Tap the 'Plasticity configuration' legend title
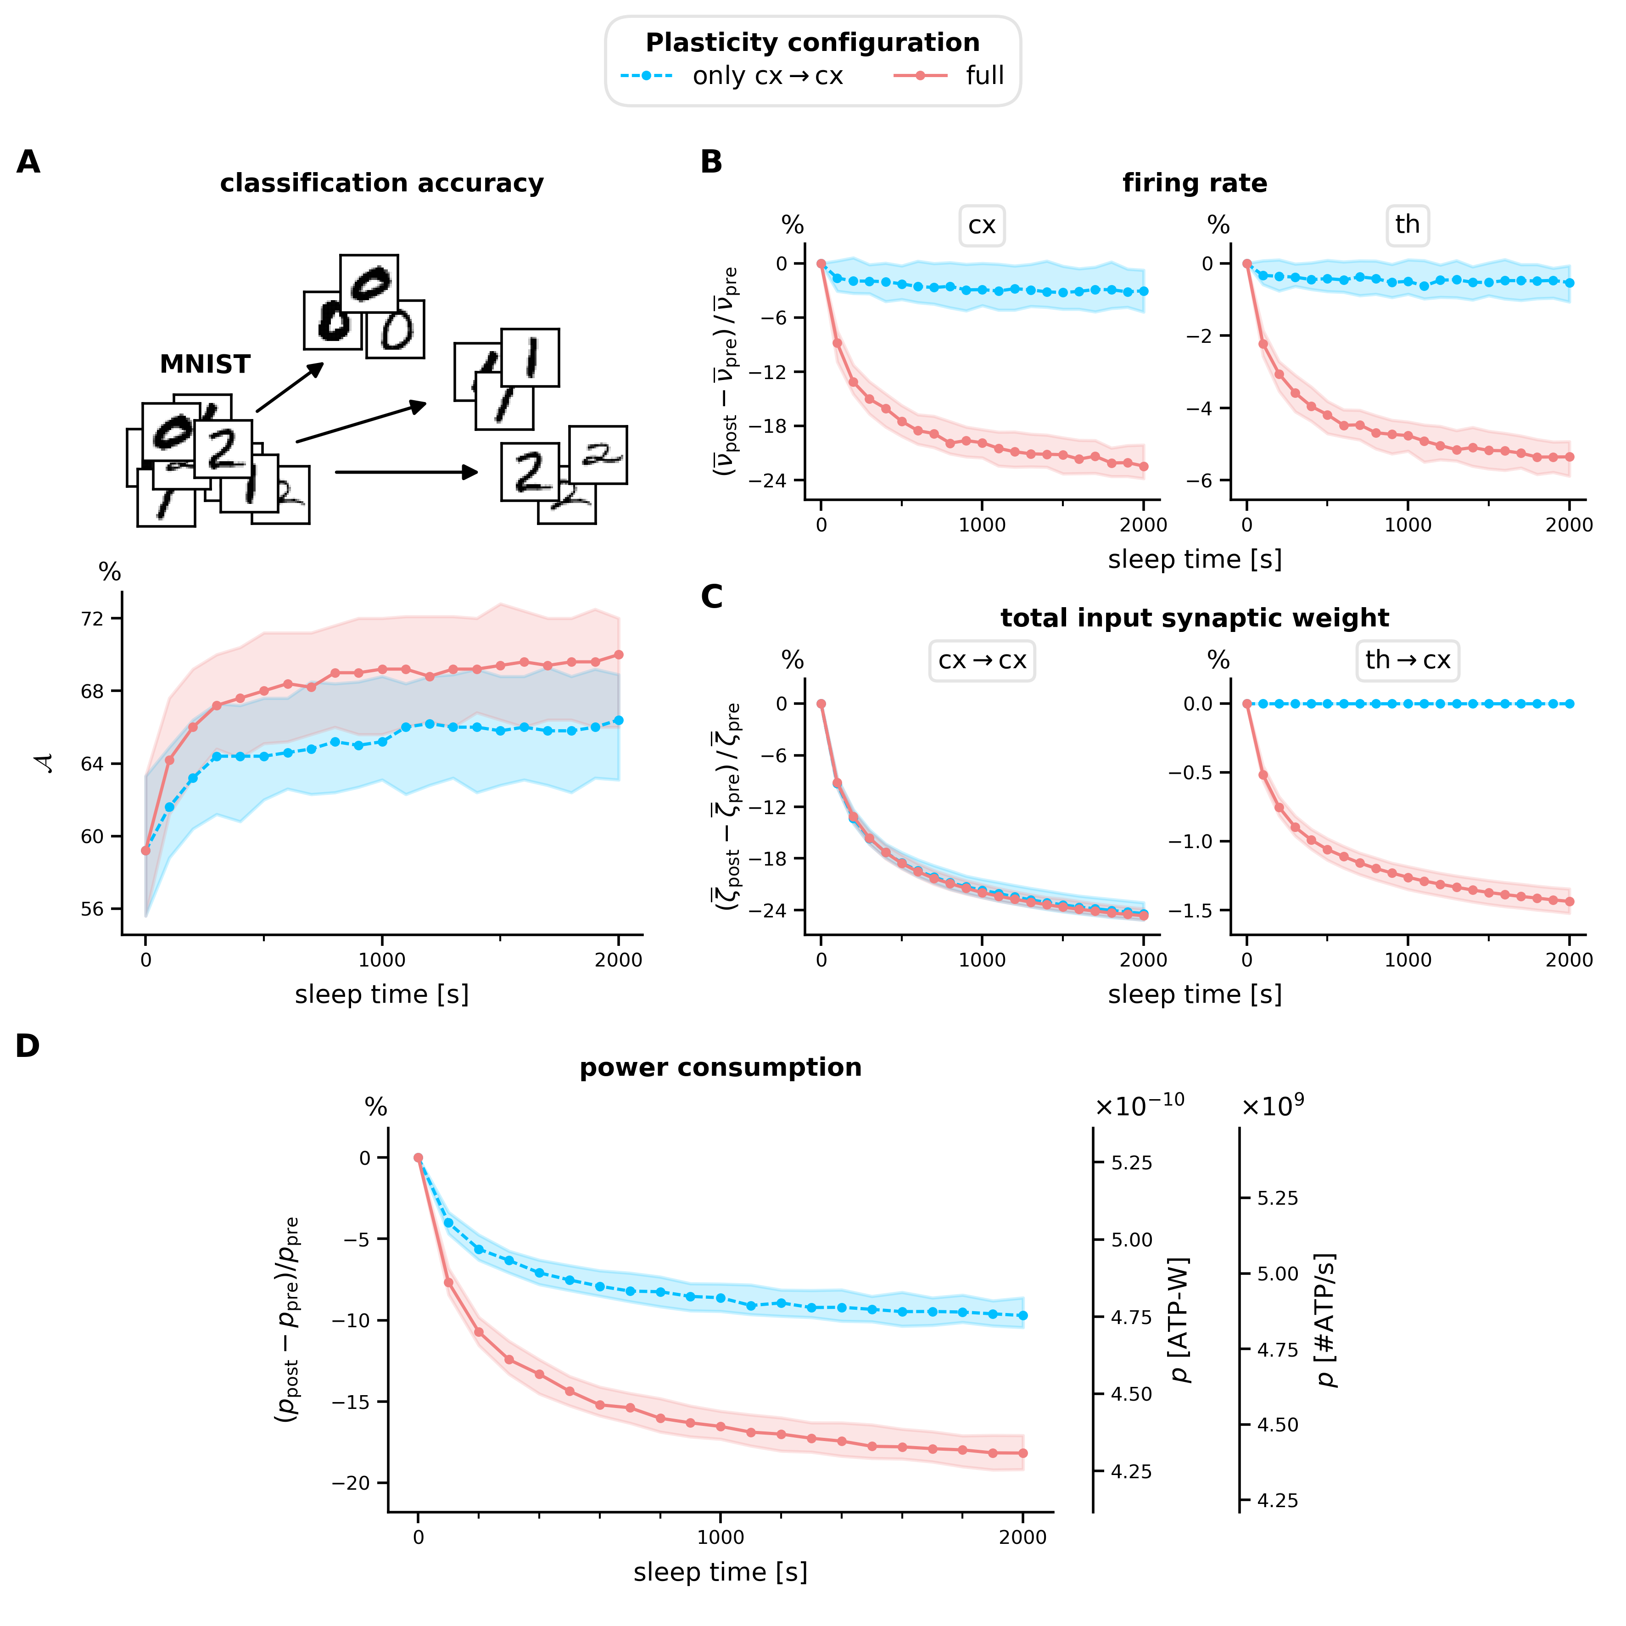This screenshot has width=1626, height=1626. pyautogui.click(x=812, y=42)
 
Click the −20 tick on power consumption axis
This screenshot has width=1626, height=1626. pyautogui.click(x=351, y=1483)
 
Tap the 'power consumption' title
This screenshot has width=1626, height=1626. pyautogui.click(x=721, y=1067)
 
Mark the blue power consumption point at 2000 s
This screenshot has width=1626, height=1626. pyautogui.click(x=1023, y=1315)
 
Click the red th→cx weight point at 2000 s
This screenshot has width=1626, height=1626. pyautogui.click(x=1570, y=901)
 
